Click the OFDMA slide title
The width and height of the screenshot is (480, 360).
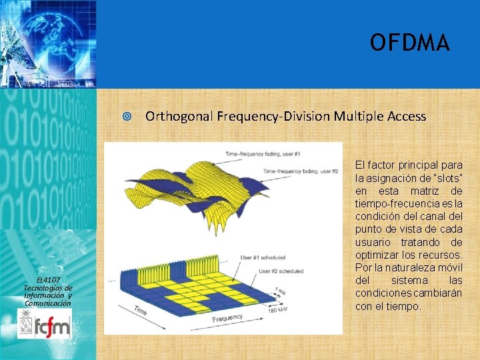410,43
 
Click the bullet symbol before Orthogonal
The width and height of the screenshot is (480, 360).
127,117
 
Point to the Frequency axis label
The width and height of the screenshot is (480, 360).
227,319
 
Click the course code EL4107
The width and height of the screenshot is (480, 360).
48,279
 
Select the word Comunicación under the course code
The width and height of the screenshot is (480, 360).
48,303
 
